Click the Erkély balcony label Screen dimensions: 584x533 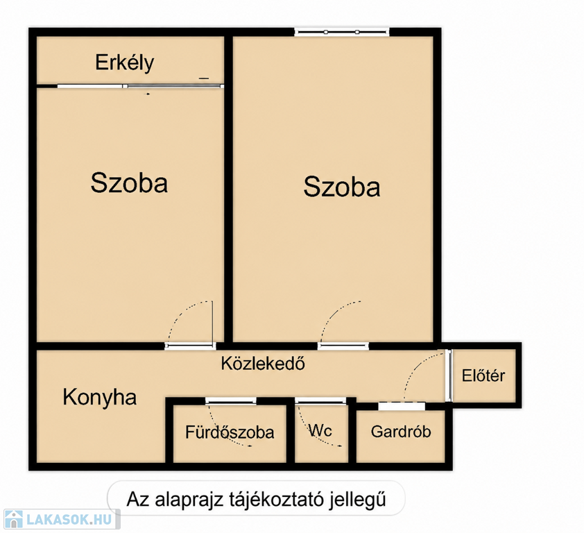coord(124,62)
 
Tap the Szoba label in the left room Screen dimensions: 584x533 coord(129,183)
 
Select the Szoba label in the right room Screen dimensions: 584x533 coord(342,187)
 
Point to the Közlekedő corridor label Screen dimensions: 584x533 coord(263,364)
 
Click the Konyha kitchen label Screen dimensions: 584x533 coord(100,398)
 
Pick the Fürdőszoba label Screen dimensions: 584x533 coord(230,432)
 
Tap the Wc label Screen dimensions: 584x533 coord(320,431)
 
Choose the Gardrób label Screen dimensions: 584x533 coord(401,432)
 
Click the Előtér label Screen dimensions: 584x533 coord(483,375)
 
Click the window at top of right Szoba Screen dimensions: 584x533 coord(342,32)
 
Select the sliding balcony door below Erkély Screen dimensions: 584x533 coord(140,87)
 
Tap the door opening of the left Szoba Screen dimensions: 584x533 coord(190,346)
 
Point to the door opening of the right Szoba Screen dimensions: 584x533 coord(343,346)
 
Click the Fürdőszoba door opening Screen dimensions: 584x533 coord(230,400)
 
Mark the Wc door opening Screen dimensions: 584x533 coord(320,400)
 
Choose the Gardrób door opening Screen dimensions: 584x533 coord(402,406)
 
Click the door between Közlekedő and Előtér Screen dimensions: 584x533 coord(449,375)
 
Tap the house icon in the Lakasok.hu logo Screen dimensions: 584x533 coord(13,519)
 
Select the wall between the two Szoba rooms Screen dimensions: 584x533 coord(229,189)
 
